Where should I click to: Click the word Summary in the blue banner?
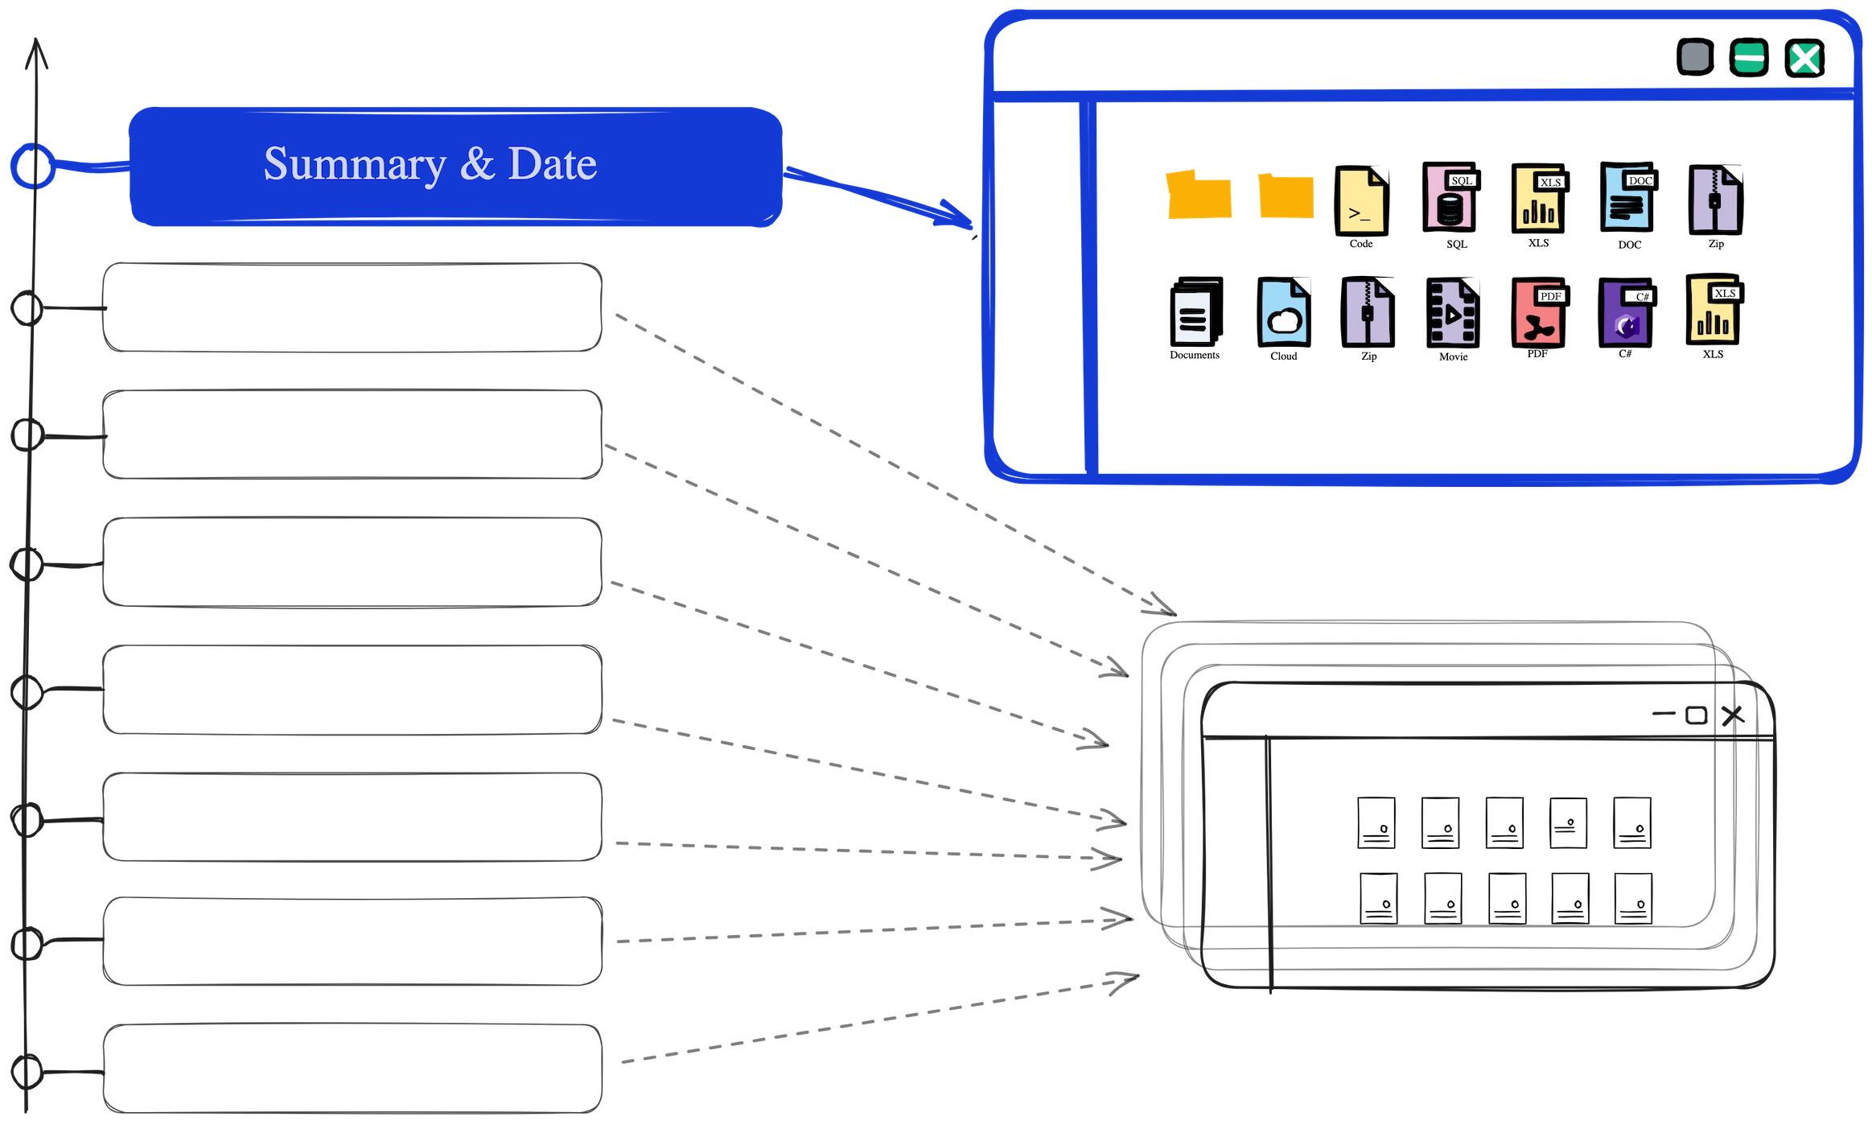click(x=354, y=165)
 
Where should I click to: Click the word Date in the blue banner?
click(x=552, y=164)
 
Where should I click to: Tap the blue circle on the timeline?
click(x=33, y=167)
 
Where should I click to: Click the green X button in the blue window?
click(x=1804, y=59)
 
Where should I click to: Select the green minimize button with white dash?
click(x=1749, y=58)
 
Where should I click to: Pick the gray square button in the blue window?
click(x=1695, y=57)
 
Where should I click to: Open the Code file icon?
click(x=1361, y=200)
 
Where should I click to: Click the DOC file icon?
click(x=1627, y=199)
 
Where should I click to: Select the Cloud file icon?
click(x=1284, y=313)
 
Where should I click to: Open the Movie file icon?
click(x=1452, y=313)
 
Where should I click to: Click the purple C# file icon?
click(x=1624, y=313)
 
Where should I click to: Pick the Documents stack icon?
click(x=1195, y=312)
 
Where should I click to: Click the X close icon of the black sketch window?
click(x=1733, y=715)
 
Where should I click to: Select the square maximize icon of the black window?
click(x=1696, y=715)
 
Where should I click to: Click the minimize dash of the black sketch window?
click(x=1663, y=714)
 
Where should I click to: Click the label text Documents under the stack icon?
click(x=1195, y=355)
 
